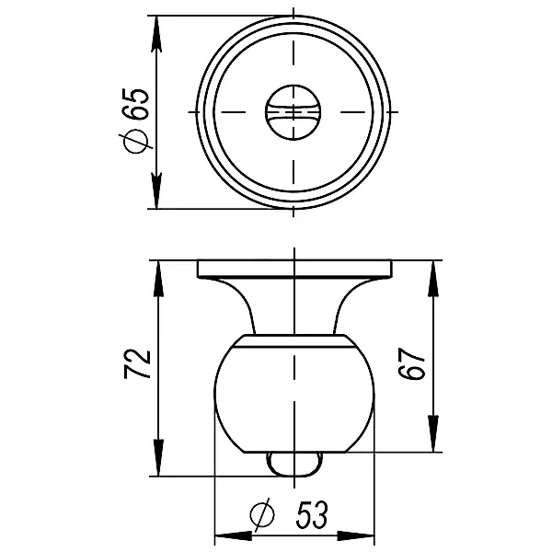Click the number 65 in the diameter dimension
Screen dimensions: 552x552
click(x=135, y=101)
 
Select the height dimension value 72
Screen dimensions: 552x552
click(x=136, y=365)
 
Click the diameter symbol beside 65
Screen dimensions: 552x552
click(x=135, y=141)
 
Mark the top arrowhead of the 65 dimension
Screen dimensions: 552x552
click(x=157, y=28)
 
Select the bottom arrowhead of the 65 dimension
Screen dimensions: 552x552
click(x=157, y=196)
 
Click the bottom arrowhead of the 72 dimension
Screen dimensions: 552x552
click(x=157, y=465)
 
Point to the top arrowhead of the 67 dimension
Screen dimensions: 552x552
click(x=431, y=272)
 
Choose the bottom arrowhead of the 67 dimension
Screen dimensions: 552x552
click(x=431, y=440)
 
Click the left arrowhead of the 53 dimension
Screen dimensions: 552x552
click(x=226, y=536)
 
